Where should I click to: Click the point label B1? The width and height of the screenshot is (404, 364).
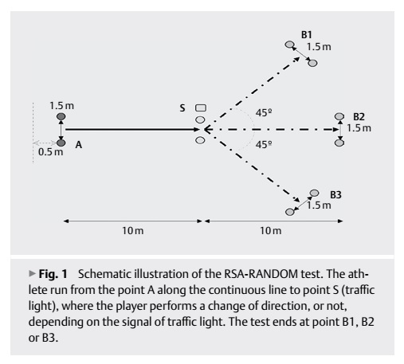pyautogui.click(x=306, y=35)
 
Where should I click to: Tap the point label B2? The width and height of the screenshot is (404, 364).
pyautogui.click(x=359, y=117)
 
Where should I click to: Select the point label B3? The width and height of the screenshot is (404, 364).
pyautogui.click(x=335, y=195)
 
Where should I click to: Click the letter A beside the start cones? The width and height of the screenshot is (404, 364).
pyautogui.click(x=79, y=145)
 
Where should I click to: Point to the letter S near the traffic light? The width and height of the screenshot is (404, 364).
pyautogui.click(x=182, y=108)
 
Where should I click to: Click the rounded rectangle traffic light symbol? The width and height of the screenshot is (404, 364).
pyautogui.click(x=201, y=108)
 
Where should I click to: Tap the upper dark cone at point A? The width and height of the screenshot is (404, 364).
pyautogui.click(x=61, y=116)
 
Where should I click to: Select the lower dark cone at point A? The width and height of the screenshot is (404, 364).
pyautogui.click(x=61, y=143)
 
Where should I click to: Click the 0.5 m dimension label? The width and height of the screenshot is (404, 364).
pyautogui.click(x=50, y=152)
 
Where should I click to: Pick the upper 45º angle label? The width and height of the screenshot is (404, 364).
pyautogui.click(x=264, y=113)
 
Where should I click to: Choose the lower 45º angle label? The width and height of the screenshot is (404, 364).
pyautogui.click(x=264, y=145)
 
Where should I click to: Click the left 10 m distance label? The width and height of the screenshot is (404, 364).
pyautogui.click(x=133, y=231)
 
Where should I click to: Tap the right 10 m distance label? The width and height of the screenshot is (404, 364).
pyautogui.click(x=271, y=231)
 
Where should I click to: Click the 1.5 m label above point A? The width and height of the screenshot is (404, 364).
pyautogui.click(x=61, y=106)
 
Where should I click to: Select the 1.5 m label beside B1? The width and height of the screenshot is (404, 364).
pyautogui.click(x=319, y=47)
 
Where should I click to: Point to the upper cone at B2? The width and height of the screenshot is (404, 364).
pyautogui.click(x=339, y=116)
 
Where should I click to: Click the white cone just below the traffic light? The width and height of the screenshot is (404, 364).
pyautogui.click(x=200, y=119)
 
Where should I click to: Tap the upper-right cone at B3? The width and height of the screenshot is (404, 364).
pyautogui.click(x=314, y=193)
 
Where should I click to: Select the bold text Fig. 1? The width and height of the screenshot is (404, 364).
pyautogui.click(x=53, y=274)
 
